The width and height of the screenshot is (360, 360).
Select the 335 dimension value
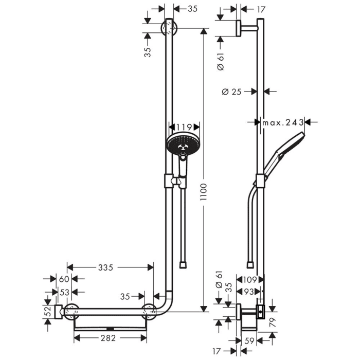105,267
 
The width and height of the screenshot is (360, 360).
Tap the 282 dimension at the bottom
107,338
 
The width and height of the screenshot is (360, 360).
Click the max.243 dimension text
283,122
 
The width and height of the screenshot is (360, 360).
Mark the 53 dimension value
64,292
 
